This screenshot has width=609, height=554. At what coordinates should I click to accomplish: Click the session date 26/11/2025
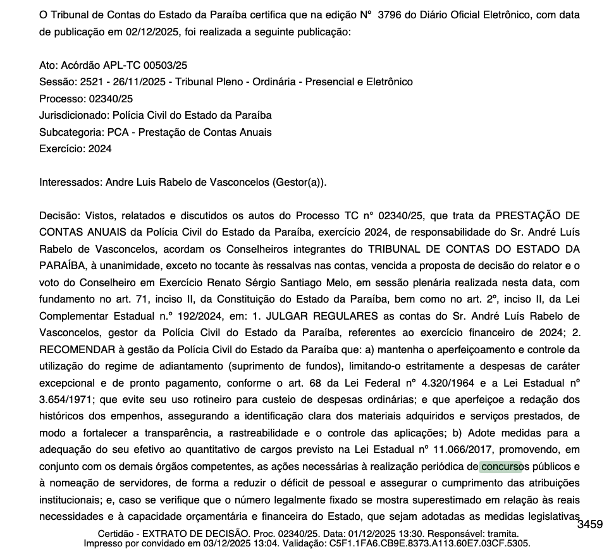(x=144, y=82)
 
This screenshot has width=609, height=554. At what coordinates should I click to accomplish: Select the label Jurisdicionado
(x=73, y=116)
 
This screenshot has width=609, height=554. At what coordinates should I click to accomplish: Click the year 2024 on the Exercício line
(x=101, y=149)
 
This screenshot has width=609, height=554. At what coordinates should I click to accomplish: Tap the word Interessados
(x=68, y=183)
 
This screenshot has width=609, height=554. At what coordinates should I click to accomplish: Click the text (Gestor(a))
(x=299, y=183)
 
